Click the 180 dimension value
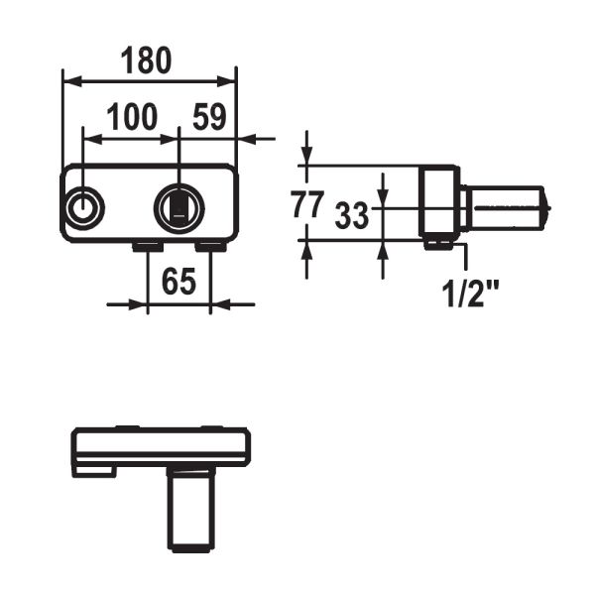[x=146, y=60]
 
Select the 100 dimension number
[x=132, y=116]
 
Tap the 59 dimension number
[x=209, y=116]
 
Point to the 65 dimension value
[x=178, y=282]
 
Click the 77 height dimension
[x=307, y=204]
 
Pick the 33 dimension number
[x=351, y=215]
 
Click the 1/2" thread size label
[x=470, y=295]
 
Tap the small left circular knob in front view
[x=83, y=208]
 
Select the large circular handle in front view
[x=179, y=208]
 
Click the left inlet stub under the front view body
[x=148, y=247]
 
